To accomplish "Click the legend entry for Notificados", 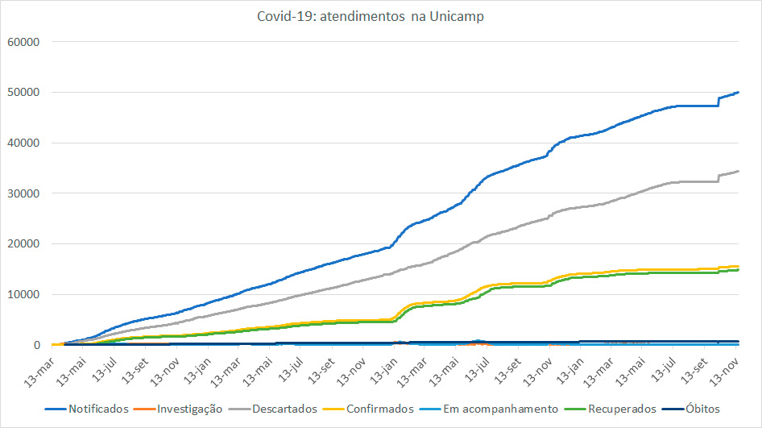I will tap(97, 409).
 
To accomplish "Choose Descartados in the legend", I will tap(284, 409).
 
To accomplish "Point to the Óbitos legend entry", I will tap(701, 409).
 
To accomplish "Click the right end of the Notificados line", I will tap(739, 93).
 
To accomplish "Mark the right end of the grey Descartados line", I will tap(739, 171).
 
